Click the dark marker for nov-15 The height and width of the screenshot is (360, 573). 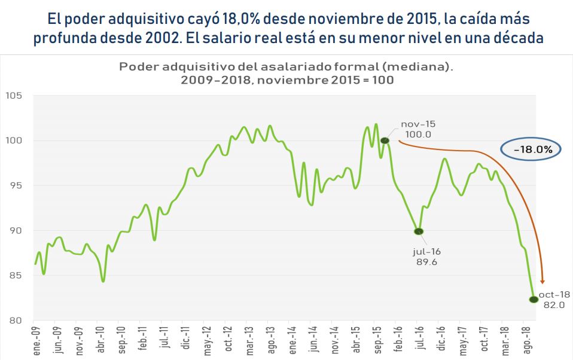385,141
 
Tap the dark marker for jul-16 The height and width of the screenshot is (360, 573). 419,231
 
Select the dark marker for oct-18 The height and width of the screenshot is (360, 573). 532,300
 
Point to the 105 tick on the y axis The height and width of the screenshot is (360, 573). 13,96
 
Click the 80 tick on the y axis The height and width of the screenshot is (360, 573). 14,321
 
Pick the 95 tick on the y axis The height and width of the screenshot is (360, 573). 14,186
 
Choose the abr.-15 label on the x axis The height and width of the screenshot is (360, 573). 356,341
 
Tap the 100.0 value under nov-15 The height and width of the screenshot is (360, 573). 417,134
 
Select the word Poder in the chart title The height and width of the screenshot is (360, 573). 137,66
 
